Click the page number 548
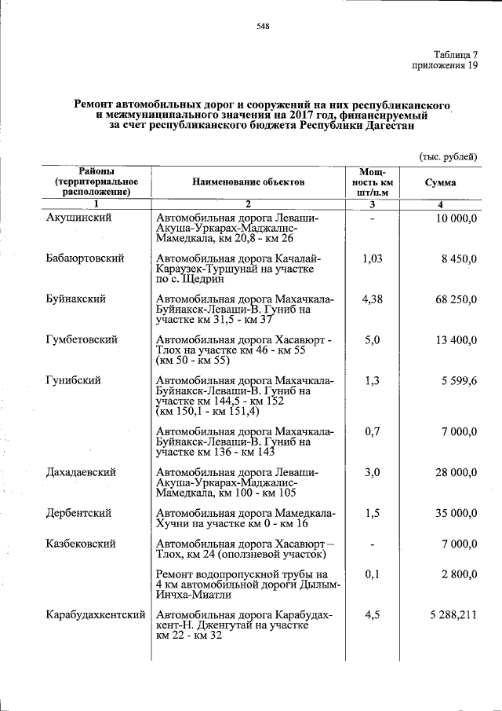click(x=263, y=27)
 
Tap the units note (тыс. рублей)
click(x=448, y=156)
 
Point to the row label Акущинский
click(x=78, y=217)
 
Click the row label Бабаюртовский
click(x=85, y=258)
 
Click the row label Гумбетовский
click(x=82, y=339)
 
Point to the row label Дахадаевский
click(x=82, y=472)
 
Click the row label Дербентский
click(x=78, y=513)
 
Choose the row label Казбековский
click(x=81, y=544)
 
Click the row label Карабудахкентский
click(x=96, y=614)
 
